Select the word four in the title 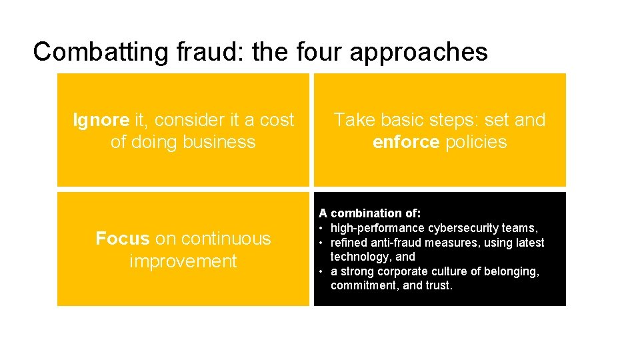319,52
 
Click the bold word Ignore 101,120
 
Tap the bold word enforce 405,142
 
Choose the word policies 476,142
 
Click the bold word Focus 122,239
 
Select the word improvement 183,261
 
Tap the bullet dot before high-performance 321,228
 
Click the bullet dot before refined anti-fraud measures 321,243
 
